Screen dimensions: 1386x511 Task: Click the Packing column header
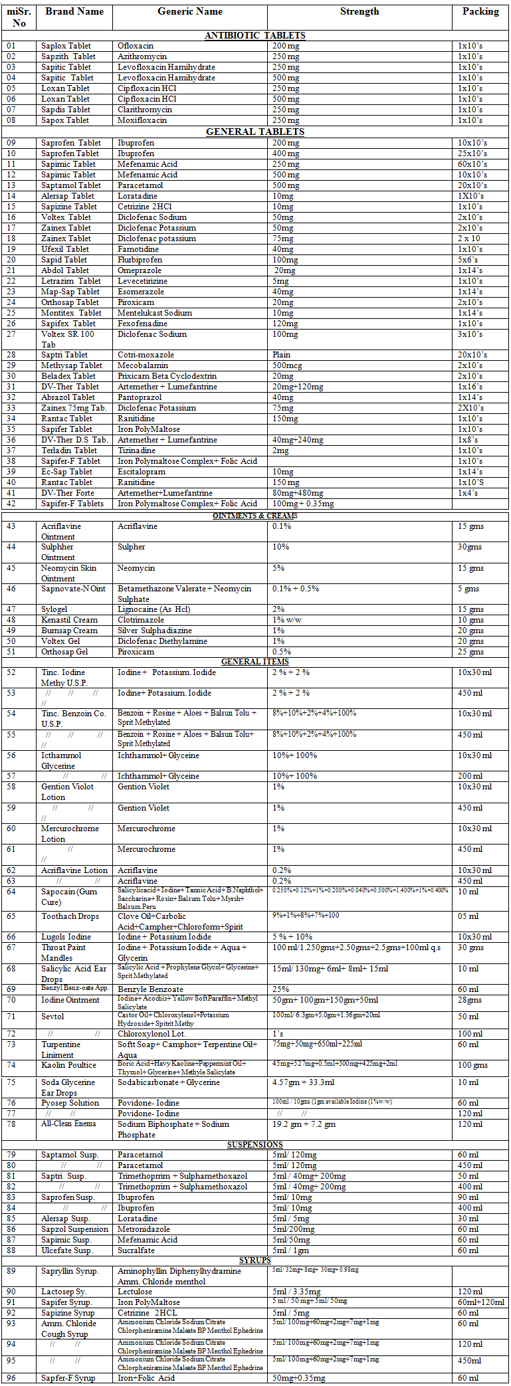click(480, 12)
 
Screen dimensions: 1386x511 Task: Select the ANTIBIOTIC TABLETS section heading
click(255, 35)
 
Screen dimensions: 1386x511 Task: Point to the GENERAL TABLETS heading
click(255, 132)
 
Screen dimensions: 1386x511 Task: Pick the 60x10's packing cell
click(472, 164)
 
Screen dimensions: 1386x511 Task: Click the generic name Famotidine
click(138, 249)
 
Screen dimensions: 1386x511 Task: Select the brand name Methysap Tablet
click(72, 365)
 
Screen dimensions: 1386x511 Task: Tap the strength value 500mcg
click(286, 365)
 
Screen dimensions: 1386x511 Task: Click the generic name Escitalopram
click(142, 472)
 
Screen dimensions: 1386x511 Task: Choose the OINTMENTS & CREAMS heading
click(255, 516)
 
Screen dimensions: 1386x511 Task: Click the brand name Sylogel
click(54, 609)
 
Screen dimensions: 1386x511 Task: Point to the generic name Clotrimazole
click(140, 620)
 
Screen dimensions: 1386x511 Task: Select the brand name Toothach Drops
click(70, 916)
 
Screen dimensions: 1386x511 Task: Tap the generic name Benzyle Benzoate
click(150, 989)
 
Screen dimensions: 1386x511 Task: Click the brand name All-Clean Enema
click(68, 1124)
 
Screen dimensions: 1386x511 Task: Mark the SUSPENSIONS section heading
click(255, 1145)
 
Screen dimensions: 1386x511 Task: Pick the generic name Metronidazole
click(144, 1229)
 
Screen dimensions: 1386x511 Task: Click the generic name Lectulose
click(135, 1292)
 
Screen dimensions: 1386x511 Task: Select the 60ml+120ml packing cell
click(480, 1302)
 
